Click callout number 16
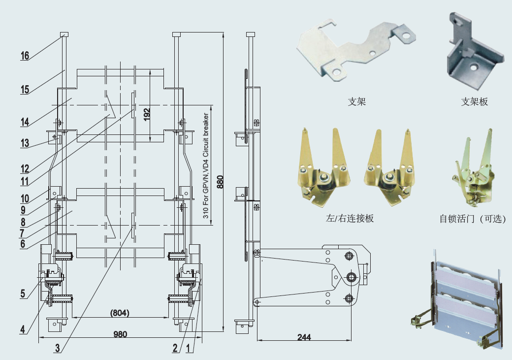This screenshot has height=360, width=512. click(25, 56)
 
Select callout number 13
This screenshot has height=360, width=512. click(25, 143)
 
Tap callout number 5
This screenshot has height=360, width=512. click(23, 294)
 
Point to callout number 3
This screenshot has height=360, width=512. click(58, 348)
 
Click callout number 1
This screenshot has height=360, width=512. click(190, 348)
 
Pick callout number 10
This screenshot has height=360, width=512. click(25, 199)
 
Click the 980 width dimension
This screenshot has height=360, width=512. click(120, 334)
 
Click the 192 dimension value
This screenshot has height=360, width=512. click(147, 114)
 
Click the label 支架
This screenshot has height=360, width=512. click(357, 102)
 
